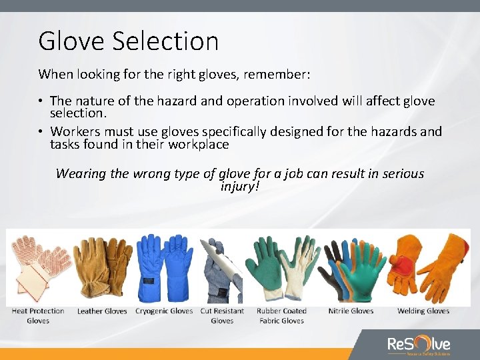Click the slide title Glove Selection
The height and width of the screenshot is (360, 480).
[128, 41]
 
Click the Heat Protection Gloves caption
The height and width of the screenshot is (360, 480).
[38, 315]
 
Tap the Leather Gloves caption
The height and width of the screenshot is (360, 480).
[102, 311]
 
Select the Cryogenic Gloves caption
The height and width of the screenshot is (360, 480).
[164, 311]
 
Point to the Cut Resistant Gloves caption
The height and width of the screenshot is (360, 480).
[222, 315]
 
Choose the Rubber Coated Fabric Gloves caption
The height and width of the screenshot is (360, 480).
[283, 315]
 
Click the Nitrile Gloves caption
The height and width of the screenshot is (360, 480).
[351, 311]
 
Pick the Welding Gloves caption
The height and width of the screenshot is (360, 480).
[423, 311]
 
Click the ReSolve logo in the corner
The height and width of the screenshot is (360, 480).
[419, 345]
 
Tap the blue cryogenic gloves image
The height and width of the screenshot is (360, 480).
[163, 267]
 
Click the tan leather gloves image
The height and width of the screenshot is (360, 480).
[102, 267]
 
